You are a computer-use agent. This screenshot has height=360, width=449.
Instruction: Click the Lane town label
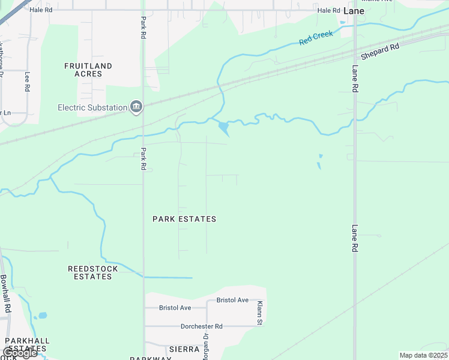(354, 11)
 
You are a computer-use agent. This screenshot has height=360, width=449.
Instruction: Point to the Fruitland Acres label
(88, 70)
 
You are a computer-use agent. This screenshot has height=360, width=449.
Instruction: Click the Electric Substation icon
(136, 107)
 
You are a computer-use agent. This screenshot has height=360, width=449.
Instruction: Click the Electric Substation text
(92, 108)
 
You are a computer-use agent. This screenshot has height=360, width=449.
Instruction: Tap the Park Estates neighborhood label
(184, 219)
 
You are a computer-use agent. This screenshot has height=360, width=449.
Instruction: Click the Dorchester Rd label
(202, 326)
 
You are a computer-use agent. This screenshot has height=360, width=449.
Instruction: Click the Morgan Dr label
(205, 348)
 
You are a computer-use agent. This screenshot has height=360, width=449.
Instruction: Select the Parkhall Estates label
(27, 344)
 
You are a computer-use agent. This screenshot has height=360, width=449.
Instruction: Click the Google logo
(20, 353)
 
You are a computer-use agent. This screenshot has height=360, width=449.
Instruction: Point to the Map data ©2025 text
(423, 355)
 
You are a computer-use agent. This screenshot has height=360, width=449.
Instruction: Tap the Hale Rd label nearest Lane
(329, 10)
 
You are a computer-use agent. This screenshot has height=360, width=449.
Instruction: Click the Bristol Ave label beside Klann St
(232, 300)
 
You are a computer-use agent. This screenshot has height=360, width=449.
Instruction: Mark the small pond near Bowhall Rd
(41, 316)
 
